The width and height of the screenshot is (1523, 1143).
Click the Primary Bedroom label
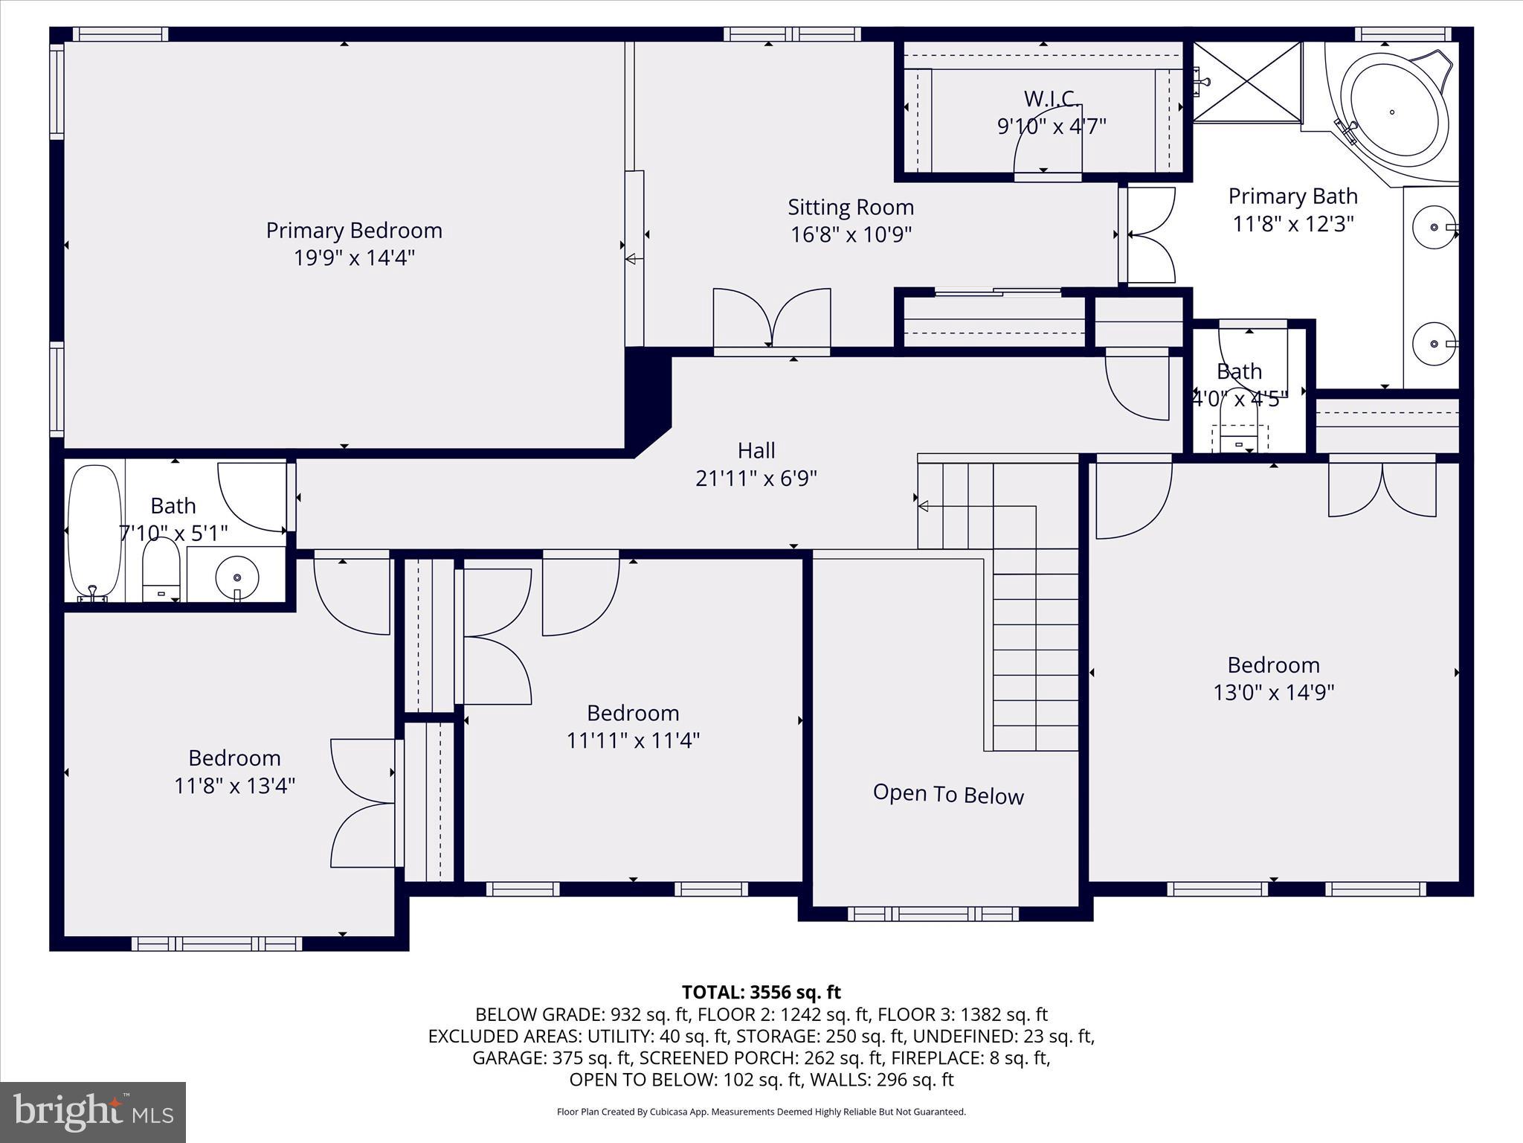(x=354, y=231)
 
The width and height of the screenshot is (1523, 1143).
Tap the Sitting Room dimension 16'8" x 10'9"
(x=851, y=235)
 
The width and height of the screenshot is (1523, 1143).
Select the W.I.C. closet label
(x=1052, y=99)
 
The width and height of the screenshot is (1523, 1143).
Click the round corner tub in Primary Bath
(x=1394, y=113)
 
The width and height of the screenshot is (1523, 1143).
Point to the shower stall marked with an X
(x=1246, y=80)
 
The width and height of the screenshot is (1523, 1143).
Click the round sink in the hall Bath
(x=237, y=577)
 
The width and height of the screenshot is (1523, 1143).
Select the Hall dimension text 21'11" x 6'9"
(x=756, y=478)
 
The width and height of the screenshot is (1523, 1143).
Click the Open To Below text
(x=948, y=795)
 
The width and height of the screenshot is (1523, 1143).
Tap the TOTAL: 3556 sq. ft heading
(x=761, y=992)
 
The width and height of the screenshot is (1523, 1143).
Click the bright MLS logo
(x=93, y=1112)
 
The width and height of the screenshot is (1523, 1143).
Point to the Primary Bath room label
(x=1292, y=196)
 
